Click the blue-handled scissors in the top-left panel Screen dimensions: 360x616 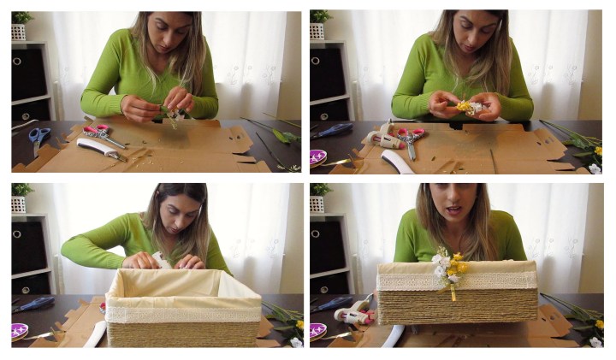[x=38, y=135]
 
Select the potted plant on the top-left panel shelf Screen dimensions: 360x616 [x=21, y=25]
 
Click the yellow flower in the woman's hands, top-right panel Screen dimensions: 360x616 [x=465, y=107]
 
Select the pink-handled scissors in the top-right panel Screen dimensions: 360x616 [x=411, y=137]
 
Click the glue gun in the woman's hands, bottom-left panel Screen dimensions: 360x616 [x=159, y=259]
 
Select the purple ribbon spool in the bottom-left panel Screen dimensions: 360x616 [x=19, y=330]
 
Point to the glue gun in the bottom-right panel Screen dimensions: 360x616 [x=354, y=314]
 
